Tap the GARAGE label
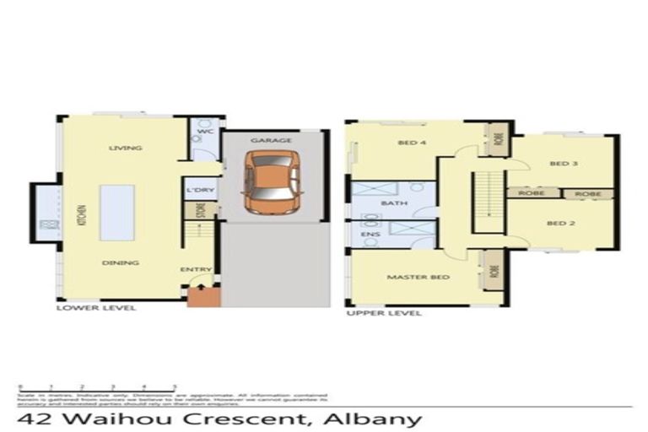click(x=272, y=140)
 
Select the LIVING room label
click(x=125, y=148)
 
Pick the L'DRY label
click(x=202, y=190)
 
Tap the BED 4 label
click(x=411, y=143)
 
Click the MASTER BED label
click(x=418, y=277)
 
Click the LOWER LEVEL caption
click(x=95, y=309)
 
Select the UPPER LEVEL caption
click(x=384, y=313)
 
